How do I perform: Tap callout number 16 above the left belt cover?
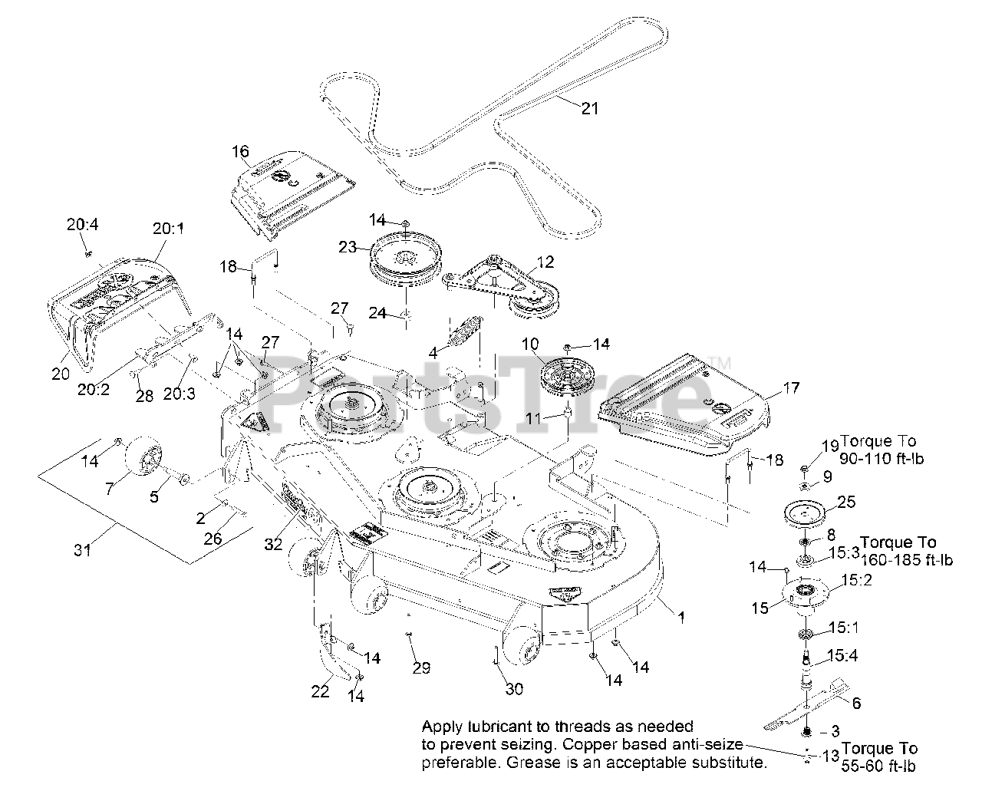coord(240,151)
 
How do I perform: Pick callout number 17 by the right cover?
coord(791,388)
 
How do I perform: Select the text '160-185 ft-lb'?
coord(907,560)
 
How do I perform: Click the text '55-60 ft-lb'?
coord(878,766)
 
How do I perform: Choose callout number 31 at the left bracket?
coord(82,550)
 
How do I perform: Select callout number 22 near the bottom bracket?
coord(320,690)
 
